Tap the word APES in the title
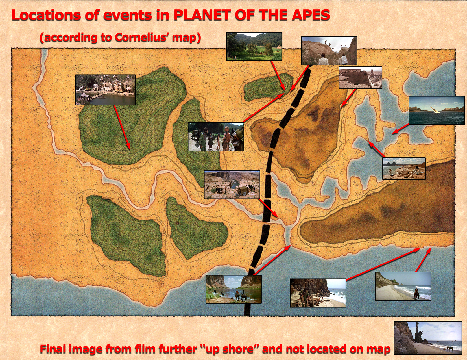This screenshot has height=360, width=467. (311, 15)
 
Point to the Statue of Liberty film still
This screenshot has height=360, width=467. (428, 338)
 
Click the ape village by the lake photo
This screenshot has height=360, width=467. (105, 90)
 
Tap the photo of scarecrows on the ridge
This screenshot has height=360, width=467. (329, 51)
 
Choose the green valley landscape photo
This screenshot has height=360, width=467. (254, 46)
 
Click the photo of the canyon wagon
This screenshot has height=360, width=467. (232, 185)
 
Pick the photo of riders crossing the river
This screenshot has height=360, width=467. (234, 289)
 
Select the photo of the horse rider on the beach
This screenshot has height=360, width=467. (403, 286)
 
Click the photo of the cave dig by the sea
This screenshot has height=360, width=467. (318, 293)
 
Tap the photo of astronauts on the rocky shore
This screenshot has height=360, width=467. (404, 169)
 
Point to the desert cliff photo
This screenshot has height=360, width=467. (360, 78)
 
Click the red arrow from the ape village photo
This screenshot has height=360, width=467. (122, 127)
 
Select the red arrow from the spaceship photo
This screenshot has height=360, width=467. (400, 129)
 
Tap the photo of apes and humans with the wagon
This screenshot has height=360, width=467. (216, 137)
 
